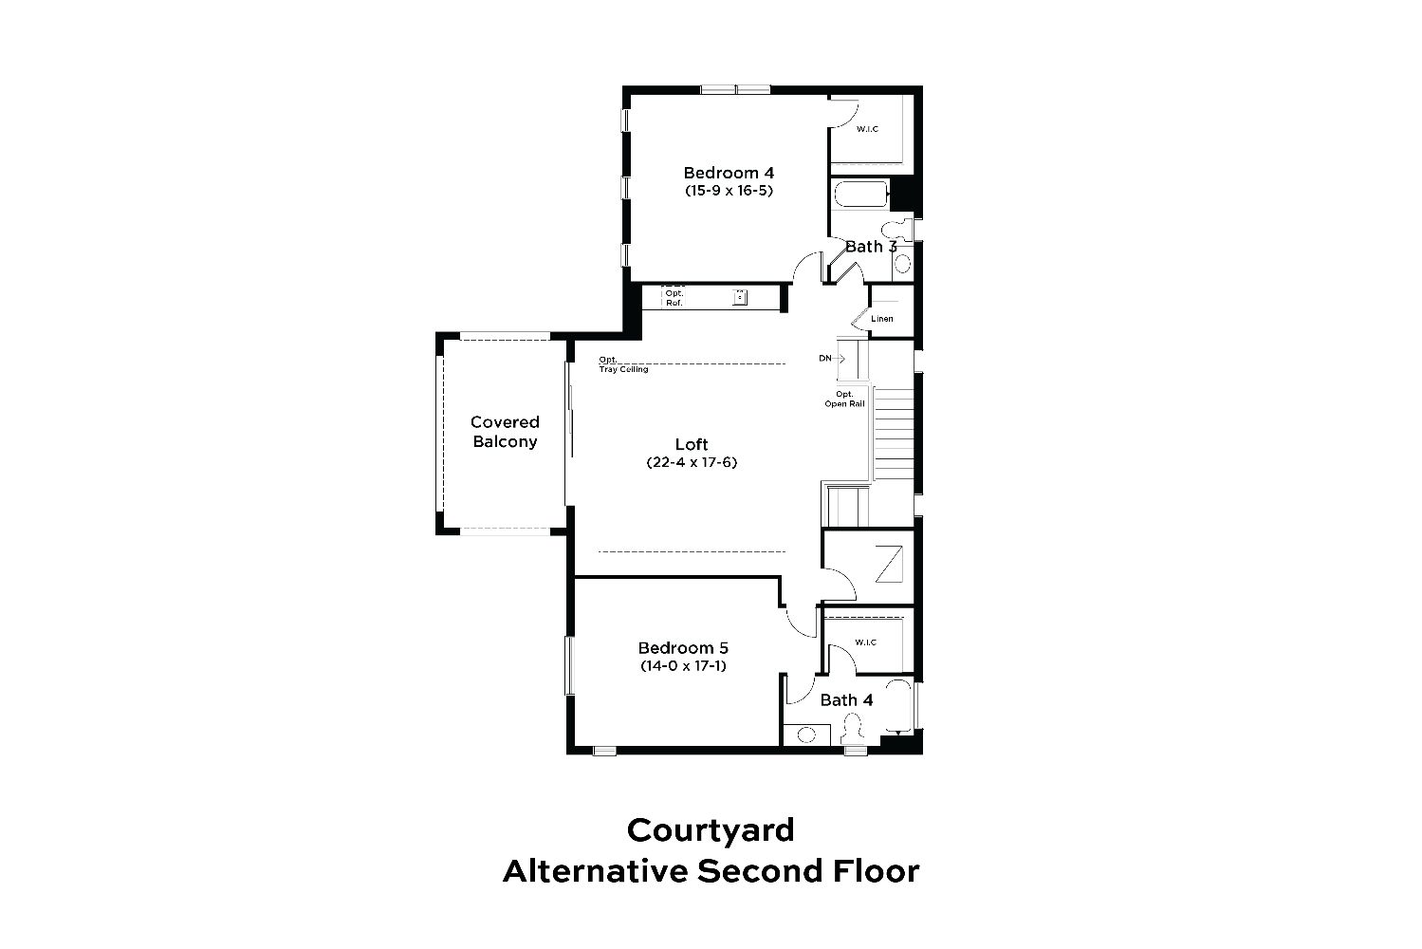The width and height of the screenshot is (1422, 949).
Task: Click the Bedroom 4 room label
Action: (729, 173)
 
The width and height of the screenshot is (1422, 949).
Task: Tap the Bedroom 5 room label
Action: (683, 648)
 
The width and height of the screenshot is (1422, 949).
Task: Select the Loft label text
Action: (692, 444)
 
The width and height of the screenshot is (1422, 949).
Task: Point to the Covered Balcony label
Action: (505, 432)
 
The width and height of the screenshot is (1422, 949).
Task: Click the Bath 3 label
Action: (871, 247)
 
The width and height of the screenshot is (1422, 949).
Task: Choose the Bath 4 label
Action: (846, 700)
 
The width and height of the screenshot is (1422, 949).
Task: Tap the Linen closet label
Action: (882, 319)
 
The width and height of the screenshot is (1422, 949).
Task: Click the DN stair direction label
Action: (824, 359)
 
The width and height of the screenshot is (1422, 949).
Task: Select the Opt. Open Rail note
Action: (844, 399)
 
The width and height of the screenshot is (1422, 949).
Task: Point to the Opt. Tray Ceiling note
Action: (623, 364)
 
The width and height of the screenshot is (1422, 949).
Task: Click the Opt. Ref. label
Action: (674, 298)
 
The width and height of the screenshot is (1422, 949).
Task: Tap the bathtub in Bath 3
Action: (860, 195)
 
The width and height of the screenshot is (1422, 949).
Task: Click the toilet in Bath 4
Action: (853, 727)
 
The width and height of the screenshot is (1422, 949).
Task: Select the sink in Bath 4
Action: (806, 735)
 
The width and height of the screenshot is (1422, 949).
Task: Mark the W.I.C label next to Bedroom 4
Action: (867, 129)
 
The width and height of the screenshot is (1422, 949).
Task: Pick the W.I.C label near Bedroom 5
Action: (865, 642)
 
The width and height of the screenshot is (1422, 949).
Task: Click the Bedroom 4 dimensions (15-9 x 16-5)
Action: (729, 191)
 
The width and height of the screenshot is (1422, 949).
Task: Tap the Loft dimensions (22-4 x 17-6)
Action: (692, 462)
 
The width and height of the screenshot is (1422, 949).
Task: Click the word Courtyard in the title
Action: (711, 831)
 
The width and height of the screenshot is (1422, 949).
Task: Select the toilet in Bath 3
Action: (896, 230)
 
